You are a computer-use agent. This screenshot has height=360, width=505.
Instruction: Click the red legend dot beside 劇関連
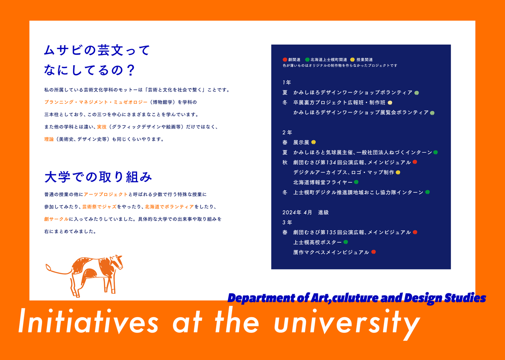(285, 60)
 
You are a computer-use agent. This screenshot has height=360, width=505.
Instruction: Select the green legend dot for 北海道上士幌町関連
(307, 60)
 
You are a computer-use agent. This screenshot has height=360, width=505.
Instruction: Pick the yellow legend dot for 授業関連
(352, 60)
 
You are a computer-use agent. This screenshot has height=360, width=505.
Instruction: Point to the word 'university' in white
(347, 324)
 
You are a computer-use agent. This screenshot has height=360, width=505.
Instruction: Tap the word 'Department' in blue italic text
(261, 298)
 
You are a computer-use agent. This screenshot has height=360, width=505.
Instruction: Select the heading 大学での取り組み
(98, 177)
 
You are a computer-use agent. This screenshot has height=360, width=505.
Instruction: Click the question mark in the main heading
(130, 70)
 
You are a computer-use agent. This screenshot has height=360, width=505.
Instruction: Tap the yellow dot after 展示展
(314, 142)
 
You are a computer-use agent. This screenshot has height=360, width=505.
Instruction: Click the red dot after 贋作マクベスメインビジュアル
(373, 252)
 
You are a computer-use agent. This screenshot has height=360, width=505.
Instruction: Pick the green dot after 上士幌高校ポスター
(346, 242)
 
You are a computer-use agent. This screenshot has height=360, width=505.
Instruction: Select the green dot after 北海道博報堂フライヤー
(356, 182)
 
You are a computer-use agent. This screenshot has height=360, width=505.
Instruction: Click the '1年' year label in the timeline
(287, 82)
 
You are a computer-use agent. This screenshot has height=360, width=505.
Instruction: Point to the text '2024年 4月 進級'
(305, 212)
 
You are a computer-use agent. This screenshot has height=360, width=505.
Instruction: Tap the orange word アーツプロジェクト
(106, 195)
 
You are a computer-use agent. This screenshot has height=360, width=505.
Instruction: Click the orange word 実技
(102, 127)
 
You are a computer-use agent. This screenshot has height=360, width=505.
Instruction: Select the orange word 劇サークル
(56, 219)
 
